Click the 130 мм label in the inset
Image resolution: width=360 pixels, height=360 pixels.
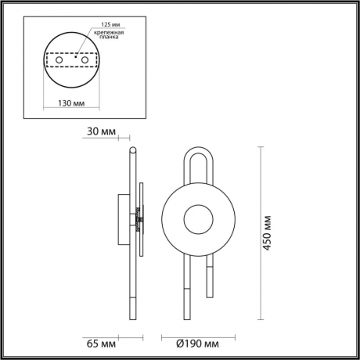click(x=74, y=103)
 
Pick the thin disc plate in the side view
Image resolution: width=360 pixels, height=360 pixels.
click(x=142, y=218)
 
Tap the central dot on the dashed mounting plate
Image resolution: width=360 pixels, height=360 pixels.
click(x=76, y=57)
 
